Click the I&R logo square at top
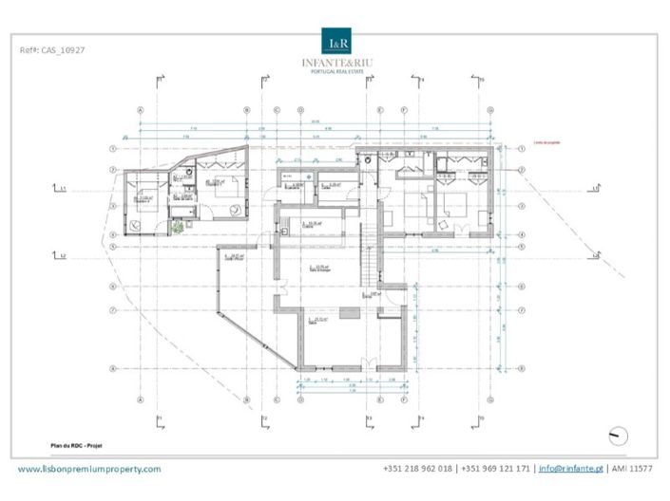click(337, 42)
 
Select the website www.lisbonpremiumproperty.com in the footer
click(90, 469)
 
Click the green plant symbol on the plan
click(178, 226)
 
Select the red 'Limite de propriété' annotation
click(536, 144)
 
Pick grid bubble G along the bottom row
click(416, 399)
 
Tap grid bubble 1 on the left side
click(113, 149)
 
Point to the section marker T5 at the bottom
click(481, 418)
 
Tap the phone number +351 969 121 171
click(491, 469)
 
